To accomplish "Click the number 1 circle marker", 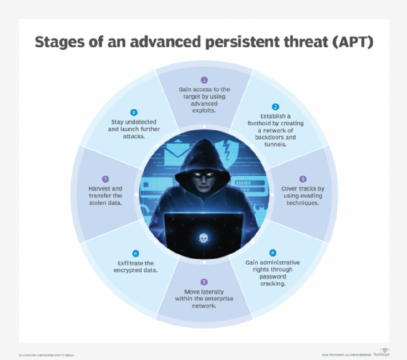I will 204,79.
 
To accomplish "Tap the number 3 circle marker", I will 302,178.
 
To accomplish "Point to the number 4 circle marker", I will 273,252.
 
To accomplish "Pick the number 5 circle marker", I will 204,281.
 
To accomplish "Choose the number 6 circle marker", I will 135,252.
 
